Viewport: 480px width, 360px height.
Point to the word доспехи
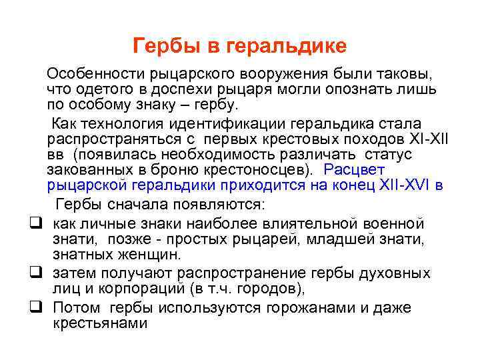(184, 89)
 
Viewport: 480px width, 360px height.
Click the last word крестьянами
(99, 323)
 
